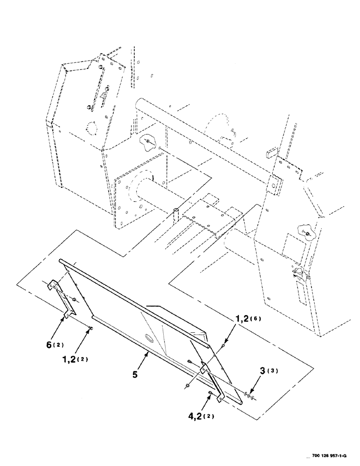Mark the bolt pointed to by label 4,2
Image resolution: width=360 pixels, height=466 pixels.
point(211,395)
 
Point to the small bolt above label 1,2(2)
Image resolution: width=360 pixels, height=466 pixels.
point(90,329)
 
